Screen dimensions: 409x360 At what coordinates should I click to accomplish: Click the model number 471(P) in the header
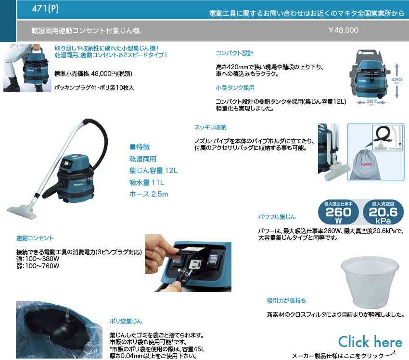[x=45, y=8]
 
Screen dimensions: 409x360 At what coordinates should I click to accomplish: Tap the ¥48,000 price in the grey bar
[x=343, y=30]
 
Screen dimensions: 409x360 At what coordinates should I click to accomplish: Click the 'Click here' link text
[x=370, y=342]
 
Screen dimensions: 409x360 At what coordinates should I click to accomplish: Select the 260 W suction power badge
[x=338, y=212]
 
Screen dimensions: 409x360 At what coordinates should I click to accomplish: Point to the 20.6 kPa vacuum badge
[x=383, y=212]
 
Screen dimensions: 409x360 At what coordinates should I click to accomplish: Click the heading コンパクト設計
[x=234, y=53]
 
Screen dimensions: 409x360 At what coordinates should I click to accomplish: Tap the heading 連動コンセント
[x=35, y=238]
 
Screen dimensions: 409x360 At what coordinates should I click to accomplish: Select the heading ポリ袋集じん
[x=126, y=321]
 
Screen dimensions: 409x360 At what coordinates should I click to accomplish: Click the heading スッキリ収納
[x=210, y=127]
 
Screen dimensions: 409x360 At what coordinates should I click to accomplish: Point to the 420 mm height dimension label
[x=396, y=80]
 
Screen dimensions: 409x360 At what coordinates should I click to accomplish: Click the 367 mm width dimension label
[x=371, y=102]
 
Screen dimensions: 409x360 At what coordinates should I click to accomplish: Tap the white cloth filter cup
[x=370, y=282]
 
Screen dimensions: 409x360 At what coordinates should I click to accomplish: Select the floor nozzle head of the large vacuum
[x=22, y=211]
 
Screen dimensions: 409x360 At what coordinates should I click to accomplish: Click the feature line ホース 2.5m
[x=149, y=194]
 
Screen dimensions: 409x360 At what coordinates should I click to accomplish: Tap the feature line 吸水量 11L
[x=147, y=182]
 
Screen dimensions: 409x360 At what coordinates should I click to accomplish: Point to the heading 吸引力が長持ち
[x=286, y=300]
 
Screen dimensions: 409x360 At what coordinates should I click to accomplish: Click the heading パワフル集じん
[x=277, y=217]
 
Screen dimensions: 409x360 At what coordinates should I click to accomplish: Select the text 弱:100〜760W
[x=38, y=266]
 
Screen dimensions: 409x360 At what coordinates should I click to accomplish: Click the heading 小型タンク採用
[x=235, y=87]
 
